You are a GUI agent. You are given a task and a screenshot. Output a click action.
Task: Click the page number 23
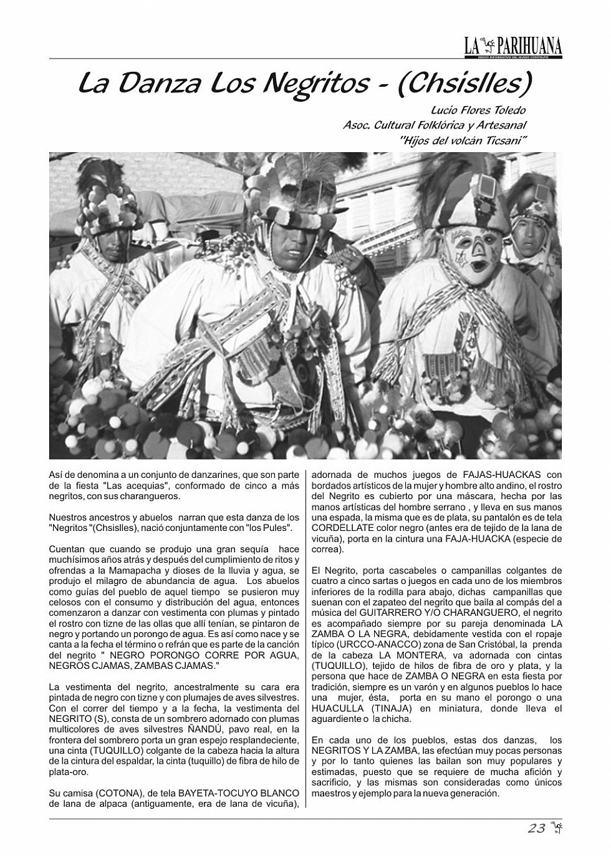536,829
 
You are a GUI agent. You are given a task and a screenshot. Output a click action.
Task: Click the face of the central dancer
296,240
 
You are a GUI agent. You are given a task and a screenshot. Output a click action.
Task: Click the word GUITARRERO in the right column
394,613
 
